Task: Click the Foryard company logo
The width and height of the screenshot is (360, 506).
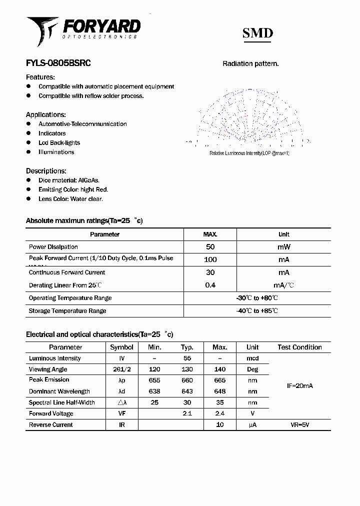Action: click(82, 30)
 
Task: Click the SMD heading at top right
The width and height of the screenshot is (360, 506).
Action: click(257, 33)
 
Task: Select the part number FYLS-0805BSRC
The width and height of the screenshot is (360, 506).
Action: click(58, 63)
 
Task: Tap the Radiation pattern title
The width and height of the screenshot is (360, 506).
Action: click(250, 64)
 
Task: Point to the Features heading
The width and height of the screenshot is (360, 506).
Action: click(40, 77)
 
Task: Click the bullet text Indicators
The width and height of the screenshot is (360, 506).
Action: click(52, 133)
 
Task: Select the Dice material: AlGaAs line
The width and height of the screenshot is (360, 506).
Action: click(69, 180)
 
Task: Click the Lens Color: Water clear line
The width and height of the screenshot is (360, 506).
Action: click(70, 199)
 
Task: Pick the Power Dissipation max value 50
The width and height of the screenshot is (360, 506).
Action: click(210, 247)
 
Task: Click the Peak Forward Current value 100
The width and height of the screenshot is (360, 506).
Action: click(210, 259)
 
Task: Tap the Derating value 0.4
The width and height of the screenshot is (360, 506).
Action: click(210, 285)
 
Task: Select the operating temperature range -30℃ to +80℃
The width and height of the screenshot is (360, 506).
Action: click(257, 298)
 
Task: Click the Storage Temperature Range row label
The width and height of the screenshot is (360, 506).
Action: click(67, 311)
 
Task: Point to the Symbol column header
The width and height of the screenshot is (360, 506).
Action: click(121, 347)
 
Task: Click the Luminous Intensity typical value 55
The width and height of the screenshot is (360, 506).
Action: click(187, 358)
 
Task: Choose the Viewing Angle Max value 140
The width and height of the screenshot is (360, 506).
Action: click(219, 369)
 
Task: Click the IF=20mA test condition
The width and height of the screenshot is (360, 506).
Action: click(299, 386)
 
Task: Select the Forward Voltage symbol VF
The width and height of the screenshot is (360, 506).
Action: click(121, 413)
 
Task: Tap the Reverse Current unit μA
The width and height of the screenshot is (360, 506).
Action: click(252, 425)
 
